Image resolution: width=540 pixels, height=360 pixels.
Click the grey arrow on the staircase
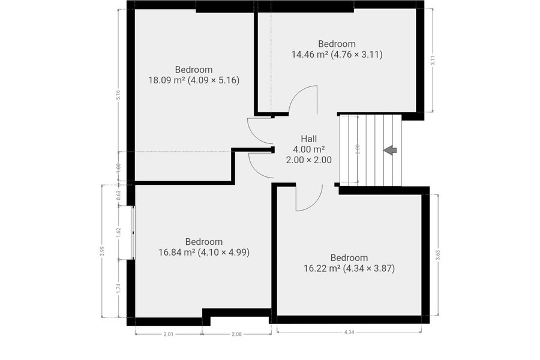pyautogui.click(x=390, y=150)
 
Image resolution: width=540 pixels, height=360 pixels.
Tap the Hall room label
pyautogui.click(x=309, y=139)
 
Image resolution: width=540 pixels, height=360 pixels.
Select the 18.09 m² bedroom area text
pyautogui.click(x=194, y=80)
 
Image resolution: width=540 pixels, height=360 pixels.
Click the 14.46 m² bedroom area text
pyautogui.click(x=337, y=55)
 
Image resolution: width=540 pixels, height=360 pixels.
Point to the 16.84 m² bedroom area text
pyautogui.click(x=204, y=252)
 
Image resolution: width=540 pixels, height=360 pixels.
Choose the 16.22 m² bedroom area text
pyautogui.click(x=349, y=268)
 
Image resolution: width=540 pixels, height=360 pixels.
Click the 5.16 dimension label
pyautogui.click(x=118, y=95)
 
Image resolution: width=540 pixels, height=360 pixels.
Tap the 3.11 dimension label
pyautogui.click(x=433, y=60)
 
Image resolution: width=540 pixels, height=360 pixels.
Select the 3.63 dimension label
pyautogui.click(x=438, y=254)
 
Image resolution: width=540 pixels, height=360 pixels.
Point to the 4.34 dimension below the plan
pyautogui.click(x=349, y=332)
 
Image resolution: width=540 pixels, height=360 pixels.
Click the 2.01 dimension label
pyautogui.click(x=169, y=334)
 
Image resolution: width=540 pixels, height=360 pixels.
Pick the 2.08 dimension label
pyautogui.click(x=236, y=334)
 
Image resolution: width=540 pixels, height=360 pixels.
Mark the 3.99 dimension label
pyautogui.click(x=101, y=251)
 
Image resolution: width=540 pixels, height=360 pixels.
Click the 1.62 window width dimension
pyautogui.click(x=118, y=232)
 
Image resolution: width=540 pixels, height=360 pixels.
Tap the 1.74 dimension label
pyautogui.click(x=118, y=288)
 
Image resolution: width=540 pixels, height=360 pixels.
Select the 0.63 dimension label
pyautogui.click(x=118, y=196)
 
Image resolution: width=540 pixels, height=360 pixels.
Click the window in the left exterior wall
pyautogui.click(x=133, y=233)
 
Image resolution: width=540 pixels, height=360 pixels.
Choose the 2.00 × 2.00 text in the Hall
pyautogui.click(x=309, y=160)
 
